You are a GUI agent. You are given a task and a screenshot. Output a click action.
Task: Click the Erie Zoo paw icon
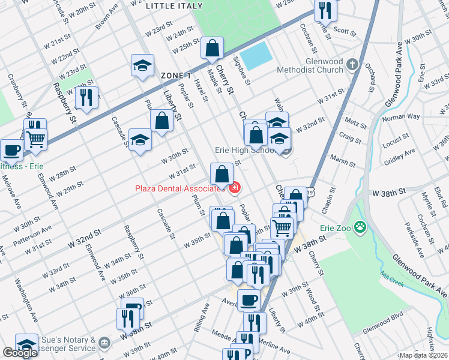pyautogui.click(x=360, y=227)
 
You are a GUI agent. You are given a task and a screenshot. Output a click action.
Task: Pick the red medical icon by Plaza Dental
pyautogui.click(x=234, y=188)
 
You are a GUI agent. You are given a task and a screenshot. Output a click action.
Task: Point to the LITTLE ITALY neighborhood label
pyautogui.click(x=174, y=5)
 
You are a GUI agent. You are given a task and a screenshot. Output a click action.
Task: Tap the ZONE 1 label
pyautogui.click(x=176, y=76)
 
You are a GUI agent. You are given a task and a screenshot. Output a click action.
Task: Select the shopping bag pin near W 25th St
pyautogui.click(x=212, y=49)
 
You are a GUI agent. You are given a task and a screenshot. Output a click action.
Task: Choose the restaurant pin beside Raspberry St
pyautogui.click(x=86, y=98)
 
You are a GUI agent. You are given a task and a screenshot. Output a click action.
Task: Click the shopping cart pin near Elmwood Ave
pyautogui.click(x=36, y=139)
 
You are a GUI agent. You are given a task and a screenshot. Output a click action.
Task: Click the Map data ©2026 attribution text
pyautogui.click(x=423, y=355)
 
